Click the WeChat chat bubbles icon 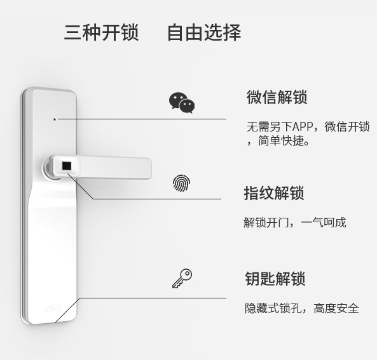coord(182,103)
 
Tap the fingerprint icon coord(182,183)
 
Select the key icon coord(182,278)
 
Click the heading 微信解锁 coord(277,97)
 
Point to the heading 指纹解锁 coord(274,193)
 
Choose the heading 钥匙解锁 coord(275,279)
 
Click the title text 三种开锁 coord(102,32)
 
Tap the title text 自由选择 coord(204,32)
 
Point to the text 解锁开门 coord(266,222)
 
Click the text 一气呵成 coord(324,222)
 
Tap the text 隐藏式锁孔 coord(273,308)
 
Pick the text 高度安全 coord(336,308)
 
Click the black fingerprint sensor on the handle coord(67,166)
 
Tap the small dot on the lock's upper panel coord(55,119)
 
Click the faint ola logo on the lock coord(52,308)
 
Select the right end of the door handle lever coord(151,168)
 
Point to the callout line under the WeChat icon coord(142,119)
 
